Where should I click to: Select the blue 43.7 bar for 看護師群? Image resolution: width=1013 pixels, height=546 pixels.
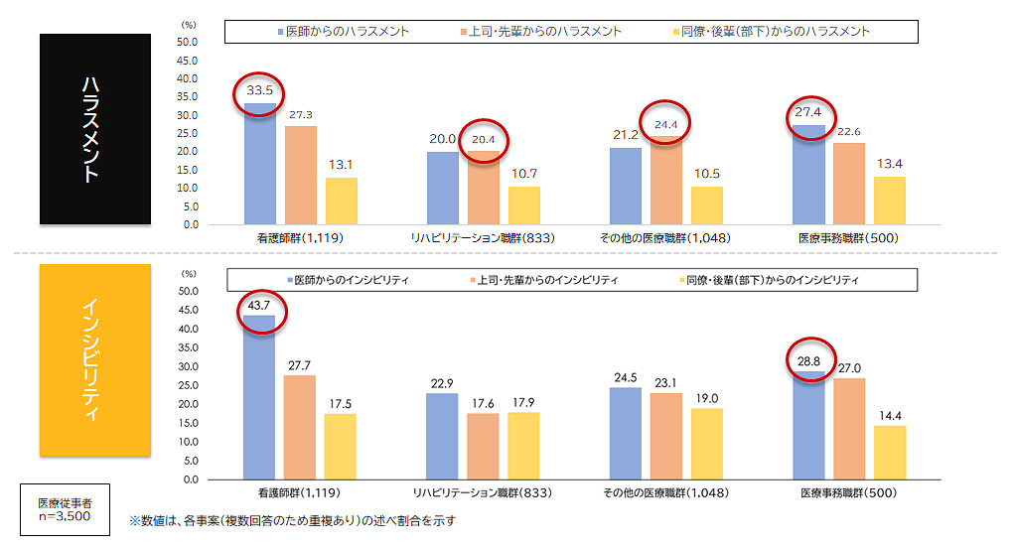click(259, 397)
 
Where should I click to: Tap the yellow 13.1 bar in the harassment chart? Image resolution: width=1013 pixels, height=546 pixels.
click(341, 201)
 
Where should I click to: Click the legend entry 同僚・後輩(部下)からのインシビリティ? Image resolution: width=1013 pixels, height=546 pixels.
click(766, 281)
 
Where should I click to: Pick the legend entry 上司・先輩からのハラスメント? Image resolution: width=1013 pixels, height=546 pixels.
click(547, 32)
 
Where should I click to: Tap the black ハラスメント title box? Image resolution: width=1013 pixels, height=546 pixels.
click(95, 129)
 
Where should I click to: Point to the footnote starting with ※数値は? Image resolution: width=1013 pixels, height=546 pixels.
click(293, 520)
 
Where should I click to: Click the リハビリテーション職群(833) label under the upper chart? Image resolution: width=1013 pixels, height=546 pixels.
click(483, 239)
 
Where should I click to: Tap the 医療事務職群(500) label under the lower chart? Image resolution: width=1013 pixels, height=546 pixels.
click(849, 493)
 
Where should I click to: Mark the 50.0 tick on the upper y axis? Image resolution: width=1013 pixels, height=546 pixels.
click(187, 43)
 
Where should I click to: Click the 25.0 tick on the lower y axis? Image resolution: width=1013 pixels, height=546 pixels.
click(187, 385)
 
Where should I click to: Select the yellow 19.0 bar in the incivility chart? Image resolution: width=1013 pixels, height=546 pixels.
click(706, 443)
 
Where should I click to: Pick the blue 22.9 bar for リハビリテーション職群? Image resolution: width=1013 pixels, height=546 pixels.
click(442, 436)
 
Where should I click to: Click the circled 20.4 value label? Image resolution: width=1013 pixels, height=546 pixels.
click(483, 140)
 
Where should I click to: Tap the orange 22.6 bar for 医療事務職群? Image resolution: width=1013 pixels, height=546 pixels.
click(849, 184)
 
